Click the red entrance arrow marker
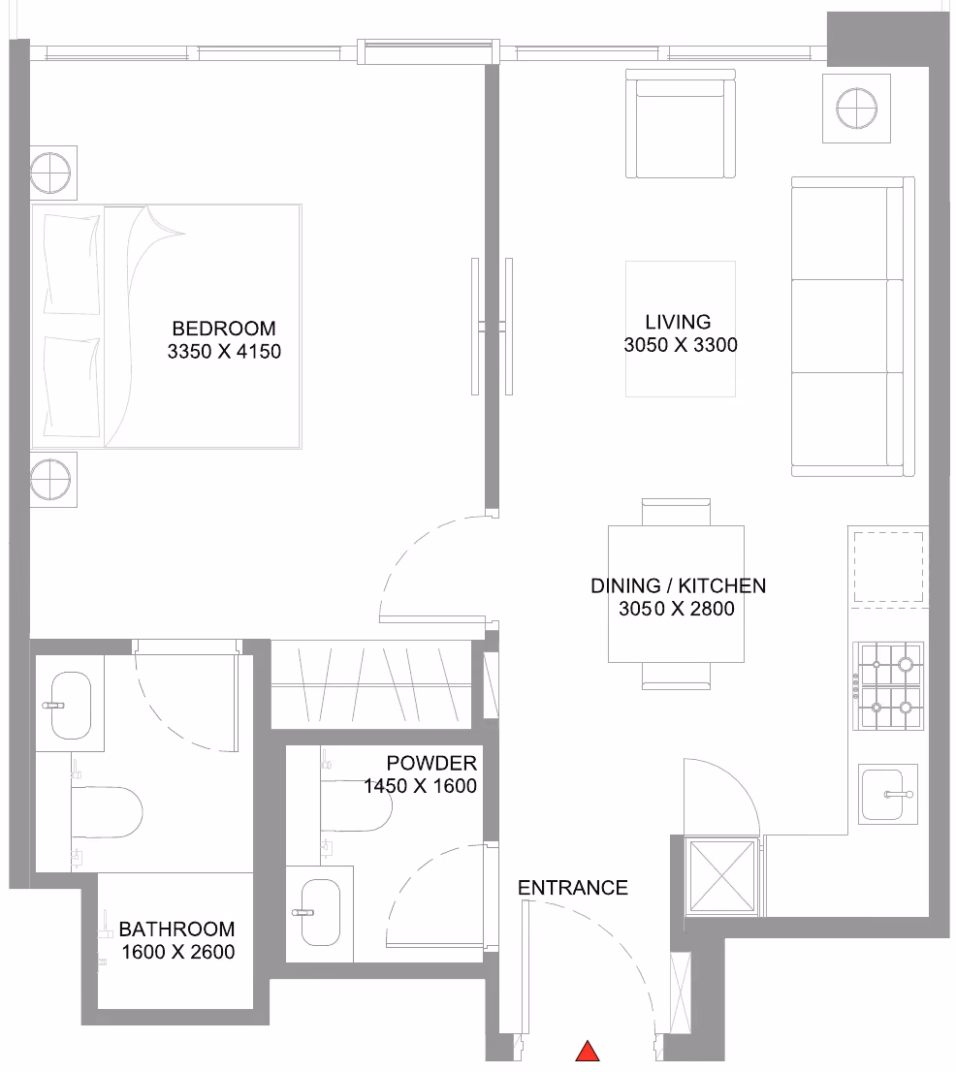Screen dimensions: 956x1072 coord(588,1052)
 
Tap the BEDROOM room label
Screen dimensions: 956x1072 coord(224,329)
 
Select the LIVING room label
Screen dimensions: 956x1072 coord(678,322)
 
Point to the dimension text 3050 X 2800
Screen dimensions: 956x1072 coord(677,609)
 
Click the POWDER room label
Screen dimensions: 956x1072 coord(431,763)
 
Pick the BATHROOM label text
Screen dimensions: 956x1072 coord(176,930)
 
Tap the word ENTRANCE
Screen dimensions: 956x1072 coord(572,888)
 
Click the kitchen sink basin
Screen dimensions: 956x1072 coord(887,795)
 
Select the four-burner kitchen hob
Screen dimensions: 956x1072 coord(887,685)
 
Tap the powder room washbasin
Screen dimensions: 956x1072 coord(320,913)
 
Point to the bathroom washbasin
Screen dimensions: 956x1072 coord(71,706)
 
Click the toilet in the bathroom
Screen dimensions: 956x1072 coord(107,811)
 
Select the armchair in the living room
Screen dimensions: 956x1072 coord(681,124)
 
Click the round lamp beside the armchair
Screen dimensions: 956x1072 coord(857,109)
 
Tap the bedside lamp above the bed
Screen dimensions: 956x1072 coord(50,173)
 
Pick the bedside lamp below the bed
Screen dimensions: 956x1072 coord(50,479)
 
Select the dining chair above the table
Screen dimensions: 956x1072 coord(677,512)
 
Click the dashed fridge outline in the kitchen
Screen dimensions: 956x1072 coord(888,567)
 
